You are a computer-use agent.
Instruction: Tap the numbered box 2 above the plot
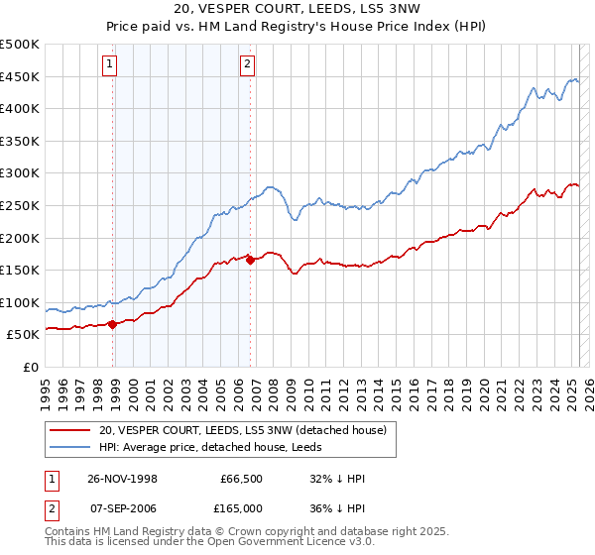[x=246, y=65]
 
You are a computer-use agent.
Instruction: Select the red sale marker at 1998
[x=113, y=323]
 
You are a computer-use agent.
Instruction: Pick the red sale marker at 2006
[x=250, y=260]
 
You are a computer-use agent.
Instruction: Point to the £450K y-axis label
[x=21, y=76]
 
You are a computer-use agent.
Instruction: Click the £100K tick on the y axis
[x=21, y=302]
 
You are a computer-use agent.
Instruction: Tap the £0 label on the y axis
[x=31, y=367]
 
